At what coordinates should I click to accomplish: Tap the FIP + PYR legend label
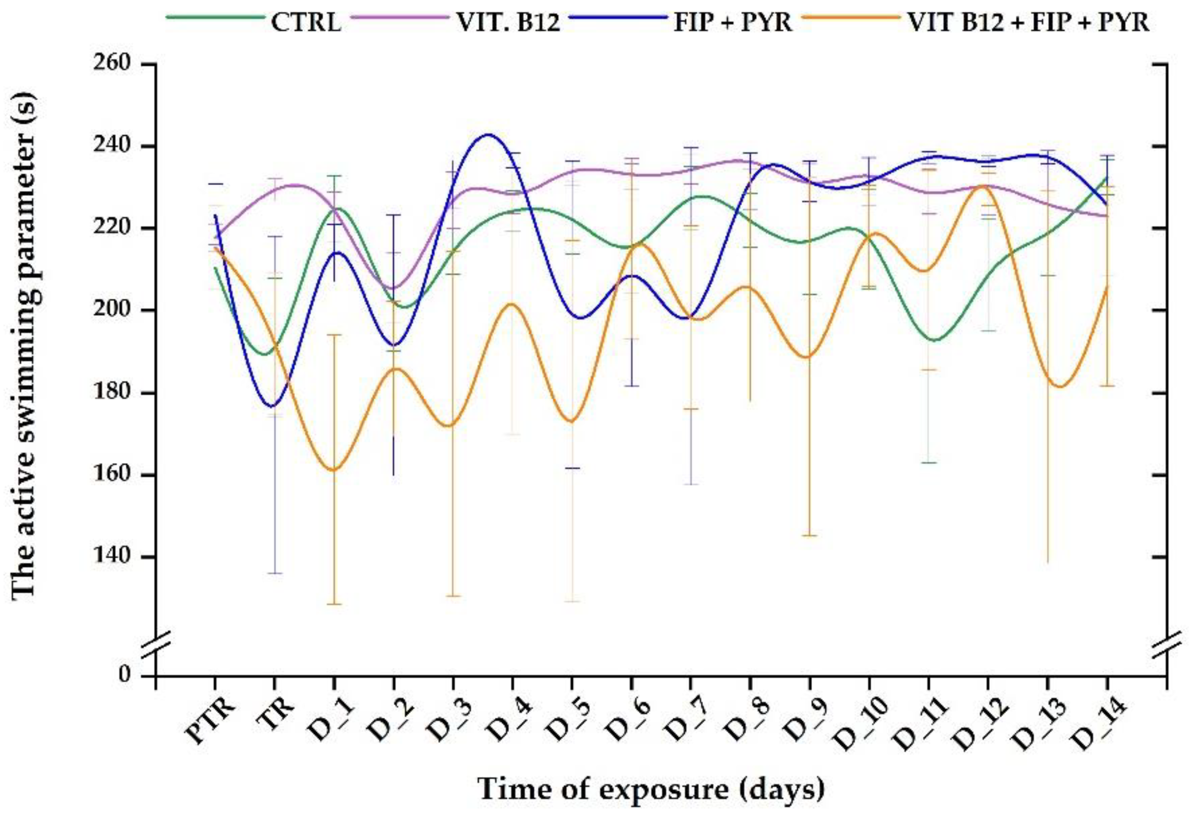pyautogui.click(x=732, y=23)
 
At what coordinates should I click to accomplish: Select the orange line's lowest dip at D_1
pyautogui.click(x=334, y=469)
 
